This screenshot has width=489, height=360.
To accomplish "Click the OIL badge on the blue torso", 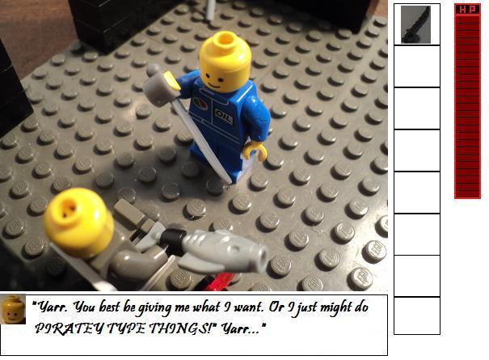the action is point(224,116).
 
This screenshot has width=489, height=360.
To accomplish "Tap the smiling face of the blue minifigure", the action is point(214,79).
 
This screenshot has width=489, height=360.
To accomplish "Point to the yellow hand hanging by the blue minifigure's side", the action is point(255,150).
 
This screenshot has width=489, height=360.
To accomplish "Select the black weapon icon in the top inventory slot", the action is point(415,24).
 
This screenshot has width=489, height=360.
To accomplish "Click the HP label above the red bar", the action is point(467,10).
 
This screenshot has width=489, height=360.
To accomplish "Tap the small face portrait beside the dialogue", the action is point(13,309).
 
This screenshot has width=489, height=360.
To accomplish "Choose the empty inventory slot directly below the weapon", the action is point(417,66).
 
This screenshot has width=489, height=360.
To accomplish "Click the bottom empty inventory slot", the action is point(417,316).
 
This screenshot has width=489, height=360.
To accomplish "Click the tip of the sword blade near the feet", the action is point(231,182).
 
